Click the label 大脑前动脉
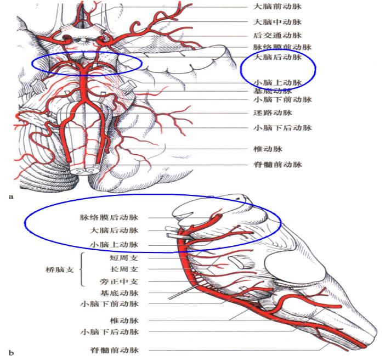pos(277,8)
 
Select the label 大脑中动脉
pos(277,22)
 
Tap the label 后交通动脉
pos(277,35)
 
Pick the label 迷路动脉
pos(273,113)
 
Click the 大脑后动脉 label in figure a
pos(279,57)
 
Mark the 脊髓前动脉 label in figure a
pos(277,164)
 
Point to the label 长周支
pos(124,269)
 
